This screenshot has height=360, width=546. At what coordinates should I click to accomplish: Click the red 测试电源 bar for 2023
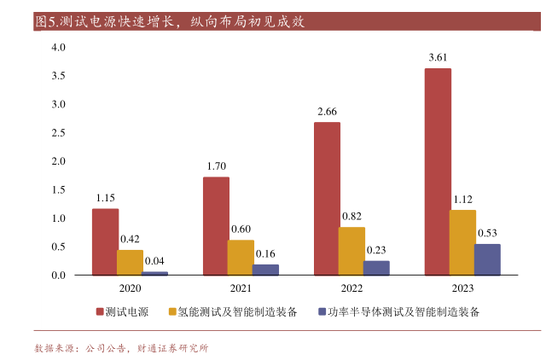click(437, 171)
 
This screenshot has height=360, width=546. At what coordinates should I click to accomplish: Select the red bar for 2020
click(105, 241)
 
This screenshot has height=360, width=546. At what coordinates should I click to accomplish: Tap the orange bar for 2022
click(351, 251)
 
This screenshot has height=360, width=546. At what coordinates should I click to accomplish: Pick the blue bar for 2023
click(487, 259)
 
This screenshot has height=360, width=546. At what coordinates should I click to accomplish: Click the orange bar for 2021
click(241, 257)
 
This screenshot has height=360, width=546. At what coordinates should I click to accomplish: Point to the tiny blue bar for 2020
click(154, 273)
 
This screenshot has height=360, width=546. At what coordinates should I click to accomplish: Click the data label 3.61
click(438, 57)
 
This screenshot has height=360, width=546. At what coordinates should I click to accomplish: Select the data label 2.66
click(327, 112)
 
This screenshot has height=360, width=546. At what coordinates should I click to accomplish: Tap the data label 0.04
click(155, 261)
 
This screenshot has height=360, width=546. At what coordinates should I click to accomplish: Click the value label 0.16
click(265, 253)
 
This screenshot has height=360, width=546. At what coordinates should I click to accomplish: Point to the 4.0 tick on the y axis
click(58, 48)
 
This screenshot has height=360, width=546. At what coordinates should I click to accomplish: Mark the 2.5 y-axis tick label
click(58, 133)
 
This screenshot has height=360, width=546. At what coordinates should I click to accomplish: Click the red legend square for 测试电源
click(100, 312)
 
